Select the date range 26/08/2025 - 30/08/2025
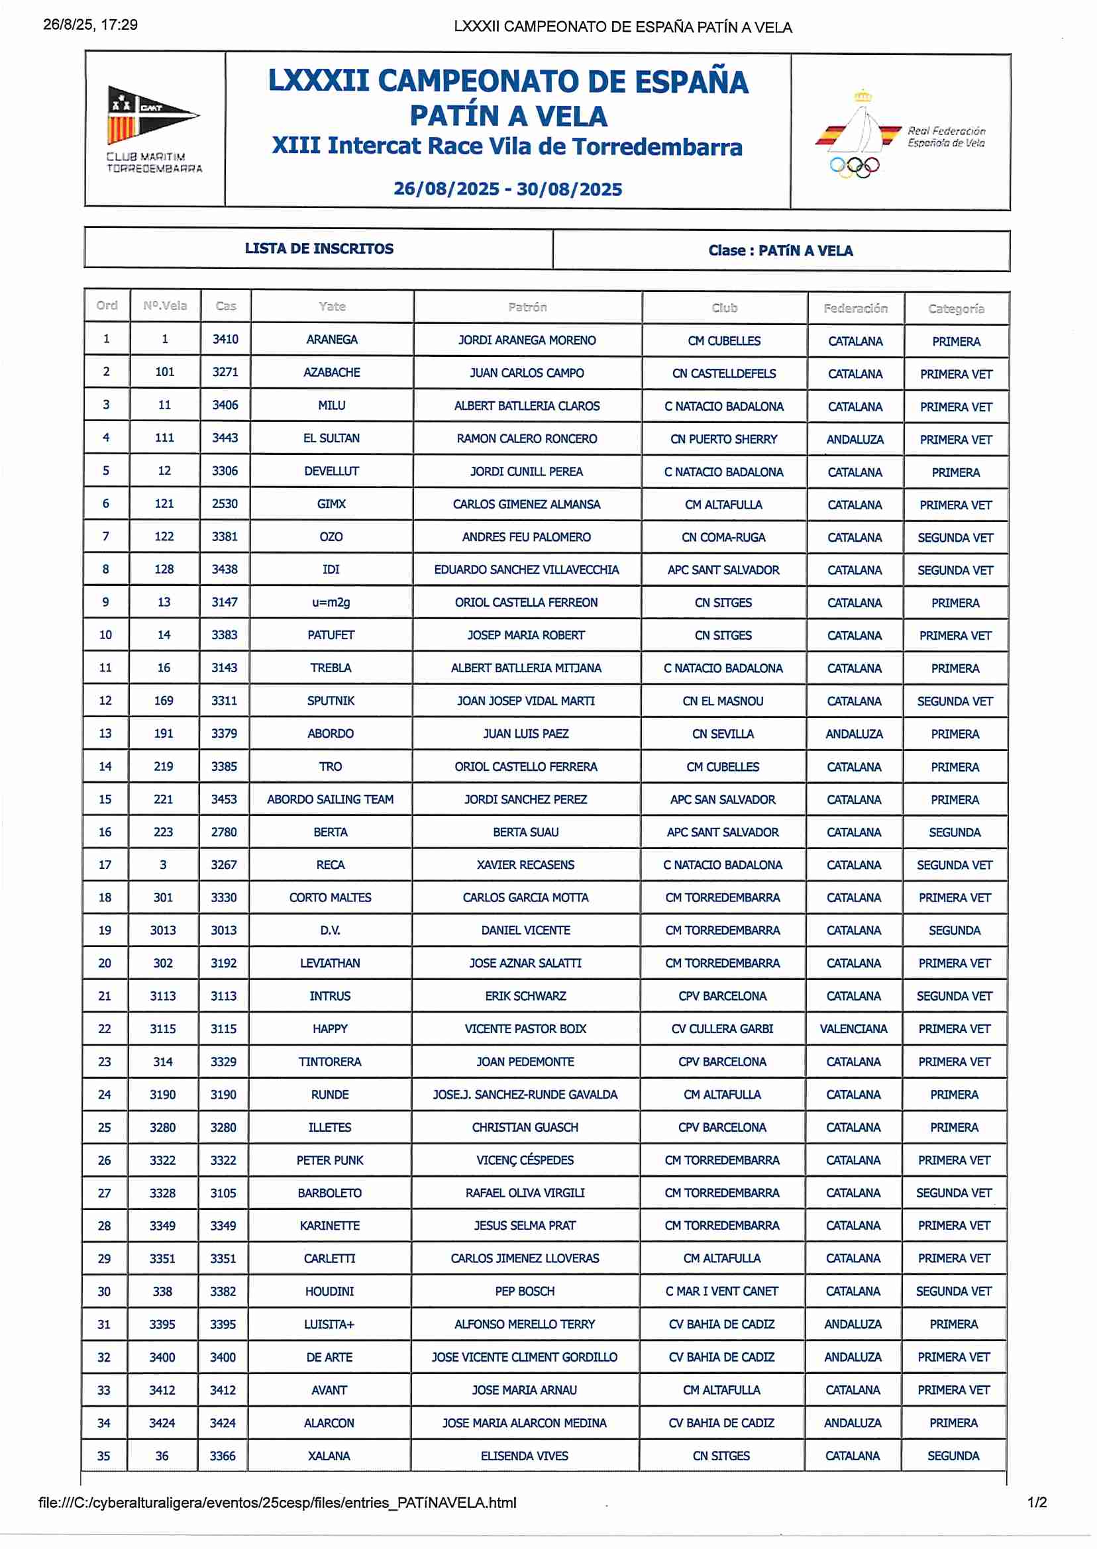(x=507, y=189)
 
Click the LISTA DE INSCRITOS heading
(x=319, y=248)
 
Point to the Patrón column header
(x=527, y=307)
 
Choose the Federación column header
(x=855, y=309)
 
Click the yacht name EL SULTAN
(x=331, y=438)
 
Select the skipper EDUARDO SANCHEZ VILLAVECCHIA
(x=526, y=570)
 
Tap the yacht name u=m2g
(x=331, y=602)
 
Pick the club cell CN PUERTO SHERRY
(x=723, y=440)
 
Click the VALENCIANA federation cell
(x=853, y=1029)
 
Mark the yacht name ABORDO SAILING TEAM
(x=331, y=799)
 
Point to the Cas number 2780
(x=224, y=832)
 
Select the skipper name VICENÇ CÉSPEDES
(x=525, y=1160)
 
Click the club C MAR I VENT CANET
(x=721, y=1291)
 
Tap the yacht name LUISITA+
(x=329, y=1324)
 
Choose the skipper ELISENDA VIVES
(x=524, y=1456)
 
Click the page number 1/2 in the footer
(x=1037, y=1503)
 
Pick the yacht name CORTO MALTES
(x=331, y=897)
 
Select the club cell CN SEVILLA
(x=723, y=734)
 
